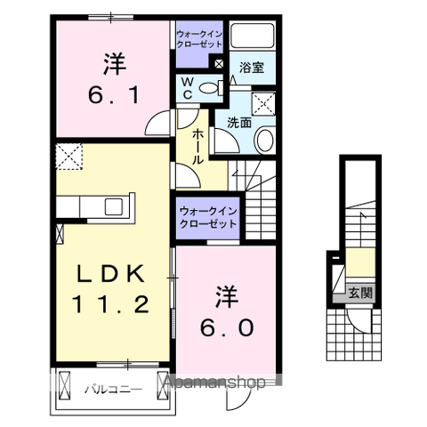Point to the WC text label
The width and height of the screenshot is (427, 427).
[x=187, y=87]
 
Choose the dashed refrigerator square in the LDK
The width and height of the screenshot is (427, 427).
[x=68, y=157]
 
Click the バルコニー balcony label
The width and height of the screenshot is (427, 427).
[x=107, y=389]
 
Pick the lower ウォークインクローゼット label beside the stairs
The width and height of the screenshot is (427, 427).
[x=207, y=218]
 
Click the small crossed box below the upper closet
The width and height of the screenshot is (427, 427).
[x=219, y=63]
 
